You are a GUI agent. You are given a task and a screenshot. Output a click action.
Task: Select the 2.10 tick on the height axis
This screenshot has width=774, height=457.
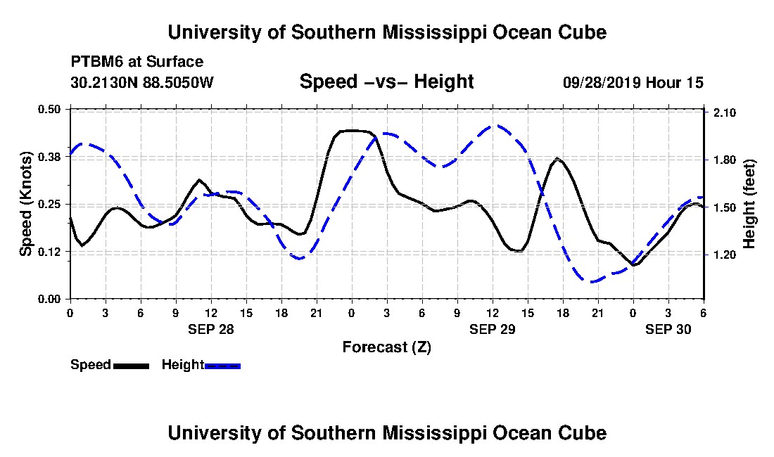coord(725,112)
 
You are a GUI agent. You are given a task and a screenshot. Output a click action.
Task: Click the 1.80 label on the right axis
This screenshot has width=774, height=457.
coord(725,160)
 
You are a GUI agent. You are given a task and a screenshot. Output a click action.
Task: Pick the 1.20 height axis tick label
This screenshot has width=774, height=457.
coord(725,255)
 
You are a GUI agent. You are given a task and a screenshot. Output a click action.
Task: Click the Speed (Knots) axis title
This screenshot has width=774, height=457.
coord(26,203)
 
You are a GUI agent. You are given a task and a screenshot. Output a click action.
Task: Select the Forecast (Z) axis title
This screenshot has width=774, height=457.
coord(386,347)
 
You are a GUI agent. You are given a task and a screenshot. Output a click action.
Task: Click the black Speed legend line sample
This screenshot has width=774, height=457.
coord(131,366)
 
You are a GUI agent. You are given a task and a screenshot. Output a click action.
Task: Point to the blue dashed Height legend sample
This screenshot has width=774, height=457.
coord(222,366)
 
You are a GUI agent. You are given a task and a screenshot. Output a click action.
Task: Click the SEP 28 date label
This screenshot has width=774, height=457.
coord(210,328)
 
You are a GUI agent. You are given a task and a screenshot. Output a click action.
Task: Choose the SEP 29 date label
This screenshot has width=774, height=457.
coord(492,328)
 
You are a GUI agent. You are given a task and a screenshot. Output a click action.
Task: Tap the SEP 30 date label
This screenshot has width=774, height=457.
coord(668,328)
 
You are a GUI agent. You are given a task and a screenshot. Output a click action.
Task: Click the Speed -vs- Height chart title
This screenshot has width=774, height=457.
coord(386,82)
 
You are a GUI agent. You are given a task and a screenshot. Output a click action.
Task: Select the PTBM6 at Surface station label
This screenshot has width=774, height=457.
coord(137,62)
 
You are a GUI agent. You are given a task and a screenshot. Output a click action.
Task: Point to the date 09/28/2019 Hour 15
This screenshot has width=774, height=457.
coord(633,82)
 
